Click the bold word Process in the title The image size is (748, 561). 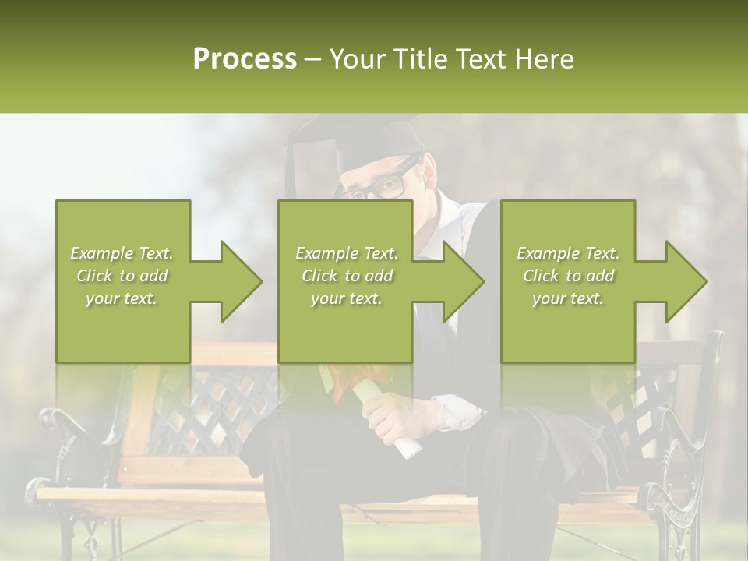click(x=245, y=58)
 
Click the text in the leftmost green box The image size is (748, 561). click(x=122, y=276)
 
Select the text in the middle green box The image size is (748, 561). click(x=346, y=276)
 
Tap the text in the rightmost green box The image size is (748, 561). click(x=568, y=276)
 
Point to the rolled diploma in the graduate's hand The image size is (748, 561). click(x=397, y=421)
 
